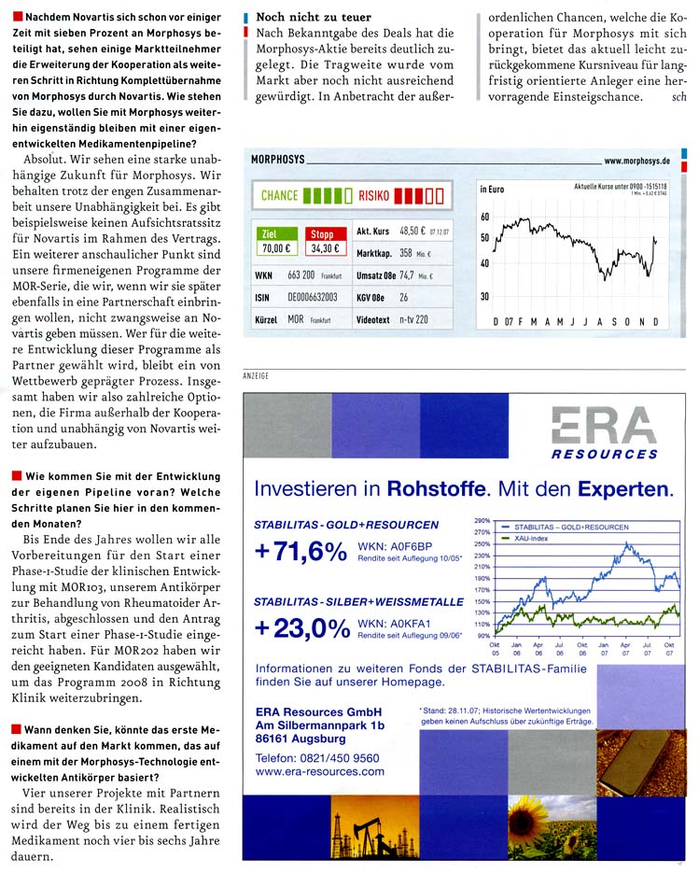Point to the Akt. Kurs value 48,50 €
412,230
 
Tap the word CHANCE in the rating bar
279,196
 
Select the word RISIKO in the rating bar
373,196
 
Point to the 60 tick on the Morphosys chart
484,217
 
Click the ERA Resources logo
602,432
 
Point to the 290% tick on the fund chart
482,520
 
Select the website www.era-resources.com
319,772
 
